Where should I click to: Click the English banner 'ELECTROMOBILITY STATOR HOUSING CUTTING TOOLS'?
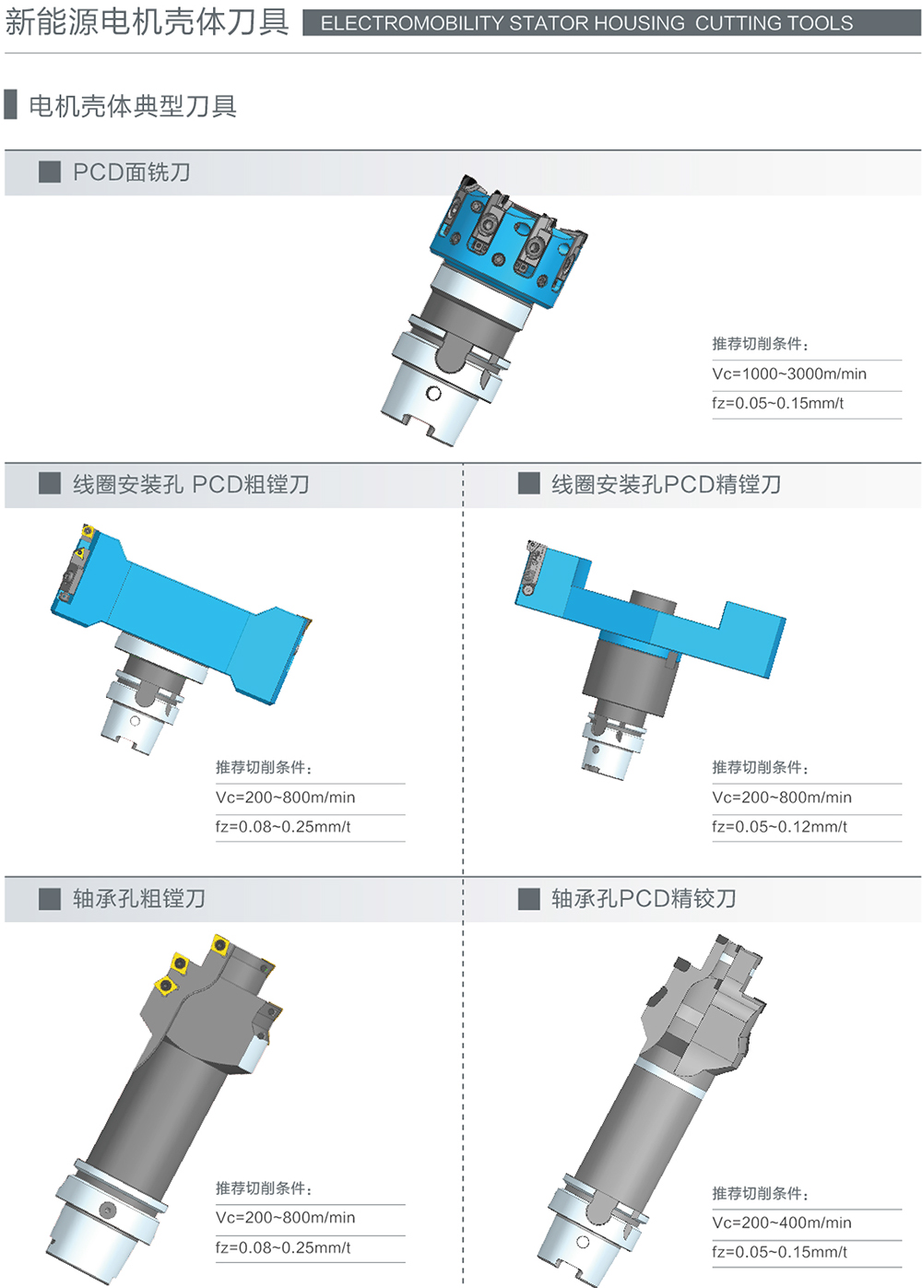point(586,23)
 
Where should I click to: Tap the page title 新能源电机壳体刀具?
point(148,22)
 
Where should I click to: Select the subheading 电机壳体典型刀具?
point(133,106)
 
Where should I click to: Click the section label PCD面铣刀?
point(131,171)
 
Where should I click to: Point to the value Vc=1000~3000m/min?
point(789,373)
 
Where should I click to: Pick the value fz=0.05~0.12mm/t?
point(779,827)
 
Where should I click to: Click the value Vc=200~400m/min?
point(782,1223)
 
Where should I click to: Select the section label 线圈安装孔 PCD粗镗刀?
point(191,484)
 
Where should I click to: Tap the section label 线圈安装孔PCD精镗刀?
point(666,484)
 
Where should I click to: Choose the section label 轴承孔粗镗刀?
point(138,898)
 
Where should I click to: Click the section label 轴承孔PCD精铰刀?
point(644,898)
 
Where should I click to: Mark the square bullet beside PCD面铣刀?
point(50,171)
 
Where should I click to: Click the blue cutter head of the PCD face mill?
point(508,242)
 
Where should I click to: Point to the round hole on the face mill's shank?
point(433,394)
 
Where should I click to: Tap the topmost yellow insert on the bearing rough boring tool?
point(220,945)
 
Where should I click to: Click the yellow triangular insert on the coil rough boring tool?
point(79,553)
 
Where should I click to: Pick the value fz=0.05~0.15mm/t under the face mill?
point(777,403)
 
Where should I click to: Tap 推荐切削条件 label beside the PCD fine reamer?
point(760,1193)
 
